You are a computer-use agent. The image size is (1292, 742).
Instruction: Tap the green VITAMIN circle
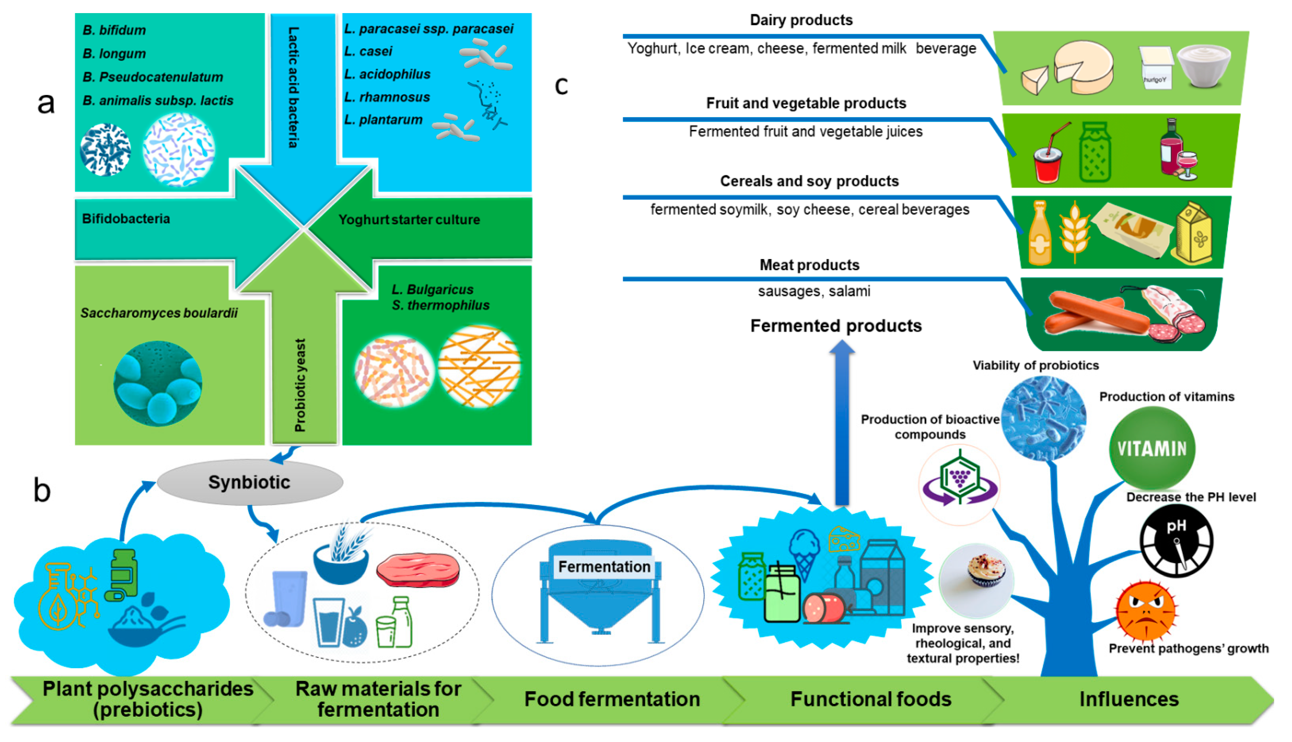click(x=1151, y=448)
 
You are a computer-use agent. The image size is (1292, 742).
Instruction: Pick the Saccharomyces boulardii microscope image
click(x=158, y=383)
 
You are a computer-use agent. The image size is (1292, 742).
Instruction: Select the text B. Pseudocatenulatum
click(x=153, y=77)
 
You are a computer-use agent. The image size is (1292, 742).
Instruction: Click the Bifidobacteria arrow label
click(x=126, y=219)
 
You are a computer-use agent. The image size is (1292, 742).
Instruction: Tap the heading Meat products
click(x=809, y=265)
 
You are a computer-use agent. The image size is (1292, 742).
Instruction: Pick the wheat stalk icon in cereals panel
click(x=1074, y=232)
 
